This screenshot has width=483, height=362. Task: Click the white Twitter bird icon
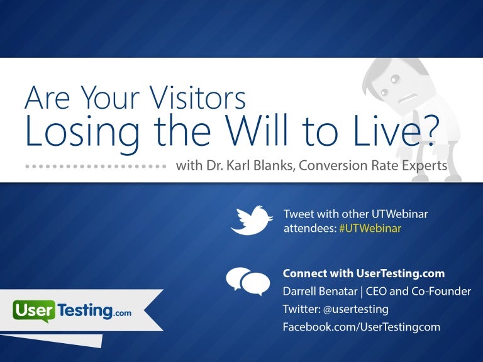click(x=251, y=219)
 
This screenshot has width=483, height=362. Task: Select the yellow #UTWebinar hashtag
click(x=370, y=228)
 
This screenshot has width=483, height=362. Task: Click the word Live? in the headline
click(x=402, y=131)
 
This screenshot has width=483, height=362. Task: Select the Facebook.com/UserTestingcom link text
click(x=362, y=327)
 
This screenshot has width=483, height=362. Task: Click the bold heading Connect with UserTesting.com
click(x=364, y=273)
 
